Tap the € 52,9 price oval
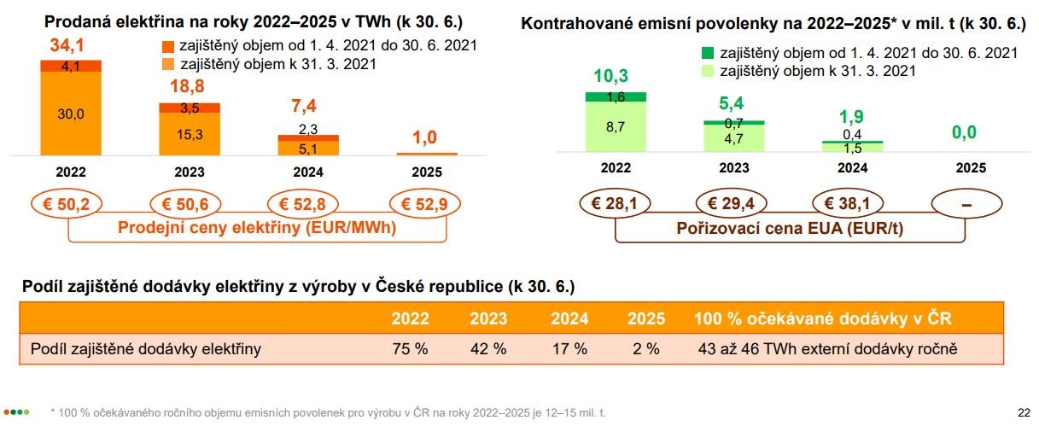click(x=425, y=204)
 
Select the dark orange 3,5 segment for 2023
click(x=190, y=108)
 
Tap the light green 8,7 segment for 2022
click(x=616, y=128)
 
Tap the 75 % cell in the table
click(x=410, y=348)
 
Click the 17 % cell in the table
click(x=569, y=348)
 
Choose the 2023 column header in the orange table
click(x=487, y=319)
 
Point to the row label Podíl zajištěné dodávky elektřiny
click(x=145, y=348)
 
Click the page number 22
click(x=1024, y=411)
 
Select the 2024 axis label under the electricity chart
click(x=308, y=171)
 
